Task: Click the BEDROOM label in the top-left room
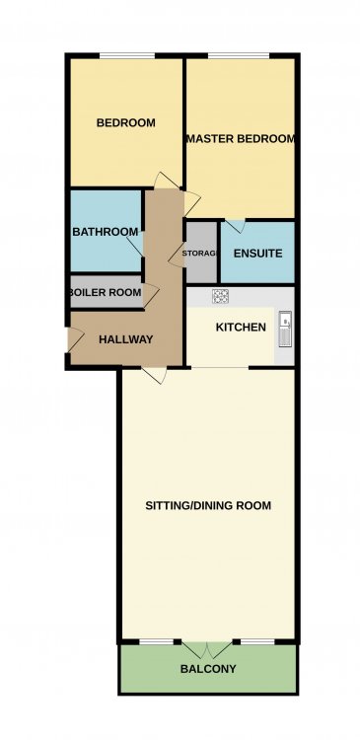(x=125, y=123)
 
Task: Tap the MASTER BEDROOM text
(x=241, y=139)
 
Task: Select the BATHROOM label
(x=106, y=232)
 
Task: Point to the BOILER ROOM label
(x=107, y=292)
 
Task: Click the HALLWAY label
(x=125, y=339)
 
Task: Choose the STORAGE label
(x=200, y=254)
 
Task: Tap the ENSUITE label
(x=258, y=254)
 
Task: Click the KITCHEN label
(x=241, y=327)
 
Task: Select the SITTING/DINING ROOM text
(x=208, y=506)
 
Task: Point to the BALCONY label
(x=208, y=669)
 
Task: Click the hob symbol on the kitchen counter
(x=221, y=296)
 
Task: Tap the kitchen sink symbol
(x=285, y=329)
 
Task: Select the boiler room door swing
(x=151, y=294)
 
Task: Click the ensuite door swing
(x=236, y=226)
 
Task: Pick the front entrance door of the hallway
(x=76, y=338)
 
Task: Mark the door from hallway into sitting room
(x=154, y=375)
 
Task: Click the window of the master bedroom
(x=239, y=56)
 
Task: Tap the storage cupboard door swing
(x=178, y=254)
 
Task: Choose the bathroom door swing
(x=135, y=246)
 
